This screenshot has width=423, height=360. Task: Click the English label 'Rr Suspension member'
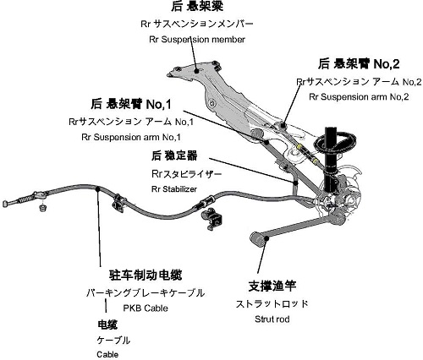pos(197,40)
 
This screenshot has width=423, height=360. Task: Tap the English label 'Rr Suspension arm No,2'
pos(359,97)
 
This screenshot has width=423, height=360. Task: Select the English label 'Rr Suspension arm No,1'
pos(131,137)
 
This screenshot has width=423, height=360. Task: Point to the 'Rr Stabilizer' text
pos(174,189)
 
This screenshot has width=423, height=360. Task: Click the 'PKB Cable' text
pos(146,308)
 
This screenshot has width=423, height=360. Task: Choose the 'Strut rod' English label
pos(272,319)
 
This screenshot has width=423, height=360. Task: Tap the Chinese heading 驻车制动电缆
pos(146,275)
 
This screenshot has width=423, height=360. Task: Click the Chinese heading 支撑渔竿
pos(272,286)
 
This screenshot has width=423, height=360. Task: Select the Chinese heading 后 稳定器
pos(174,155)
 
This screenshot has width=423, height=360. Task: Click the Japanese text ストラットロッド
pos(272,303)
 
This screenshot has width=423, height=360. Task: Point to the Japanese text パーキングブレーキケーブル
pos(146,293)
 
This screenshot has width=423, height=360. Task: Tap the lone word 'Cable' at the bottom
pos(107,354)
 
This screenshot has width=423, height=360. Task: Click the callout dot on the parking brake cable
pos(97,188)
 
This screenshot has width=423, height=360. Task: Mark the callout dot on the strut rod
pos(266,238)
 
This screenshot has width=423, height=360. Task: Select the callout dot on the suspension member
pos(196,71)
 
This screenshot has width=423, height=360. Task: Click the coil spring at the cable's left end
pos(26,199)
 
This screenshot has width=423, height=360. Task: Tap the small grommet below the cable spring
pos(42,207)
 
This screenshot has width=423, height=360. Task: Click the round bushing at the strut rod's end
pos(256,238)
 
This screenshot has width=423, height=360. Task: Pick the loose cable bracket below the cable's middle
pos(211,218)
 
